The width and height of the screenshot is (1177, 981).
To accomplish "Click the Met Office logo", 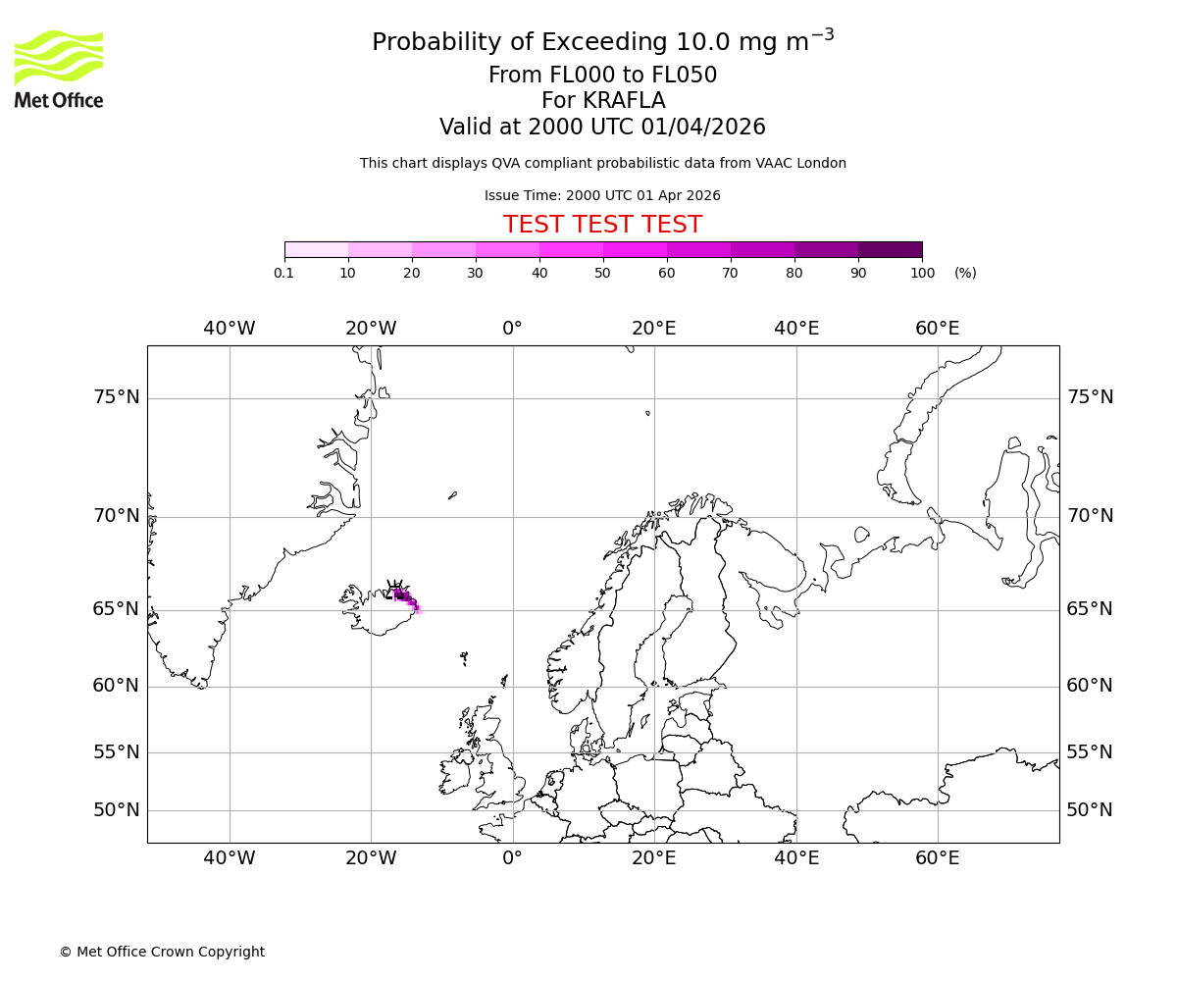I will click(59, 69).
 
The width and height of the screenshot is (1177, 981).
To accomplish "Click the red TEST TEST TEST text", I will click(602, 225).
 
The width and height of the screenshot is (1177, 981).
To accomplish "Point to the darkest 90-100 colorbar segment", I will click(890, 249).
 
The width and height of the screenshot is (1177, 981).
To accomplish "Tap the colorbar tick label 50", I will click(603, 273).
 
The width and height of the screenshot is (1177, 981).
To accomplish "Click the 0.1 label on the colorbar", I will click(284, 273).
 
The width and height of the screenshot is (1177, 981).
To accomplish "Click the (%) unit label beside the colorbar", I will click(965, 273).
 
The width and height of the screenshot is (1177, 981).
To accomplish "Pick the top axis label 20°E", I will click(654, 329).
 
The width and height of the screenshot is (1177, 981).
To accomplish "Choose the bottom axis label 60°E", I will click(938, 858).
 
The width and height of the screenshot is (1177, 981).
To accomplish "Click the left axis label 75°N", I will click(116, 397).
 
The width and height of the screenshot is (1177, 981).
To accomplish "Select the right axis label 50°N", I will click(1090, 810).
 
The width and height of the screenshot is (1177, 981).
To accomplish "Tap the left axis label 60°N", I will click(116, 686).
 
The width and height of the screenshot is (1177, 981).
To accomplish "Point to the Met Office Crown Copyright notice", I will click(162, 952).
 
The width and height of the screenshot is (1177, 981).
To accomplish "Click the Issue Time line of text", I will click(602, 195).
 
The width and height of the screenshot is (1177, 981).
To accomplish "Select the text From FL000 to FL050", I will click(602, 76).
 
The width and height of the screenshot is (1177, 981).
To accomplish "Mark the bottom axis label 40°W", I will click(230, 858).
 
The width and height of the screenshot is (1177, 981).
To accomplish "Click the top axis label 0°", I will click(512, 329).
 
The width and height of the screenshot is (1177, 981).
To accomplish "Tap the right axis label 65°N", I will click(1090, 609).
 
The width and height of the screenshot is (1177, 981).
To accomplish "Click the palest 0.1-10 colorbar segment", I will click(316, 249).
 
